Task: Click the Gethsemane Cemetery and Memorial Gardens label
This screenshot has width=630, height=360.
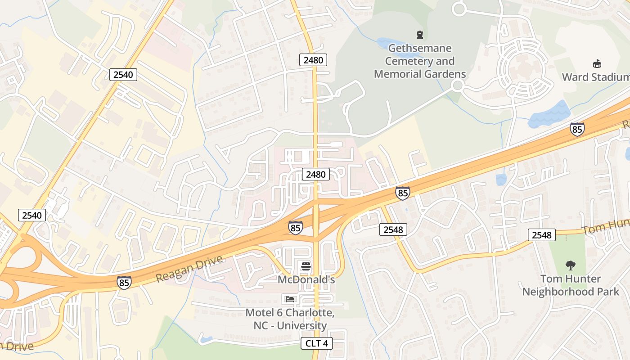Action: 420,61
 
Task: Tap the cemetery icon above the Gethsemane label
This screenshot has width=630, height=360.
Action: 420,34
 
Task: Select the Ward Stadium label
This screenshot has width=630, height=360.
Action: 595,77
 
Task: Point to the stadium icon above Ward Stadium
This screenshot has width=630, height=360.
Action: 597,63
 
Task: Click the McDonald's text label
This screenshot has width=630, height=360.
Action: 306,279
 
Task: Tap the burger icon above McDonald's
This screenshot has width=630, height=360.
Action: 306,266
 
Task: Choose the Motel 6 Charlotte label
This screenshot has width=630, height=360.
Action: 286,319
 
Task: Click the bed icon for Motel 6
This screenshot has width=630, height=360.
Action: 289,299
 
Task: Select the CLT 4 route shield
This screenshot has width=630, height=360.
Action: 317,344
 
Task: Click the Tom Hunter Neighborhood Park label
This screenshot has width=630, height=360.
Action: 571,285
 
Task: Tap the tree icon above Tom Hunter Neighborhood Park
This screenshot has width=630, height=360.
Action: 571,265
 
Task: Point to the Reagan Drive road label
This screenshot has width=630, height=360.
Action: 189,269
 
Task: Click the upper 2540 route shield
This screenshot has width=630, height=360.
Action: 123,75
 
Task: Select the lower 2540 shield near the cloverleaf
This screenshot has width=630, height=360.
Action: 32,215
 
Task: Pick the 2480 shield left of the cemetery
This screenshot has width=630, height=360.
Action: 313,60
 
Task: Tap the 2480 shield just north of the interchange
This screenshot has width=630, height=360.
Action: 316,174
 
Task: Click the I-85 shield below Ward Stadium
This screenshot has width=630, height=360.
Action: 577,129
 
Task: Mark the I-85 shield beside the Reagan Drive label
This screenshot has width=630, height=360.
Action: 124,283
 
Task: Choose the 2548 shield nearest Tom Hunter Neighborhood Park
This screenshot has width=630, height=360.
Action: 542,235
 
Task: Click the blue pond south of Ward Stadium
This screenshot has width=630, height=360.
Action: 549,115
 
